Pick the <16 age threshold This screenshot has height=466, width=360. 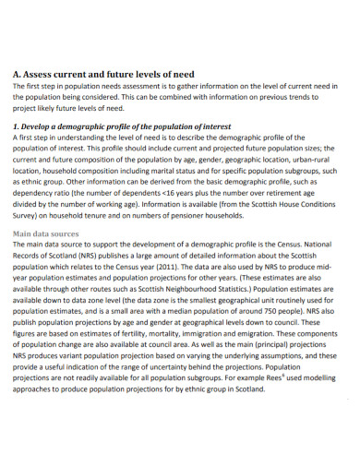175,195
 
